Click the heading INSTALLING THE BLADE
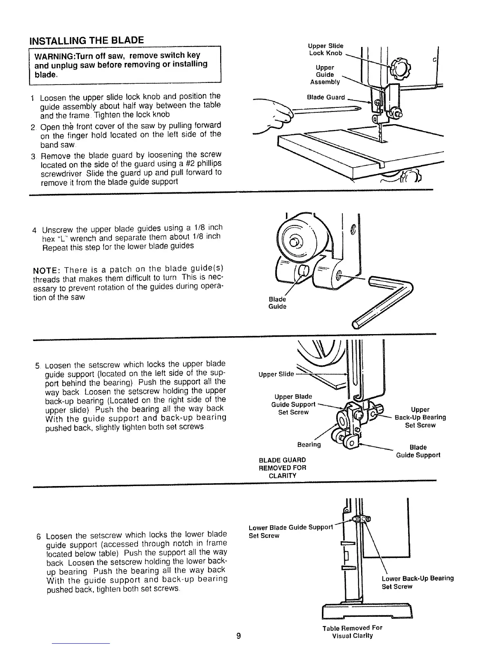(x=86, y=40)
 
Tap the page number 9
(x=239, y=636)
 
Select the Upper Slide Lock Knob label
(x=326, y=49)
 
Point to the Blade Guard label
(x=326, y=97)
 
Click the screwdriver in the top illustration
(x=323, y=110)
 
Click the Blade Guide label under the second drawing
(x=277, y=303)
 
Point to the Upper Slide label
(x=276, y=374)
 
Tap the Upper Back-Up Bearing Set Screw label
(x=420, y=417)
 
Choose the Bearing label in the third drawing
(x=309, y=444)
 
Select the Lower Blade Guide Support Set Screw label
(x=291, y=531)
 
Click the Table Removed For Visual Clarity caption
(x=353, y=631)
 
